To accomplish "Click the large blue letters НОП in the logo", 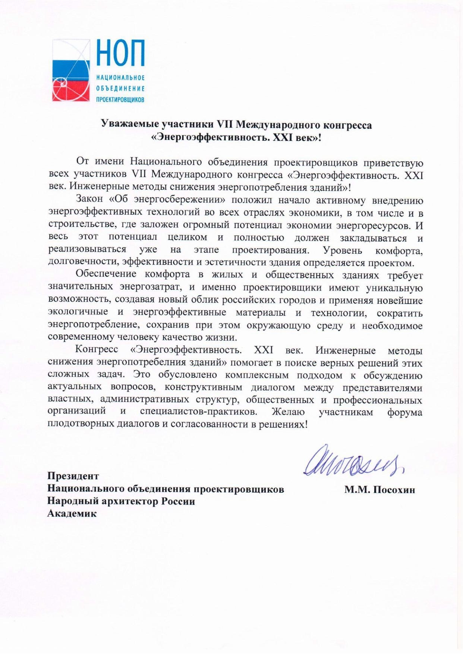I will pyautogui.click(x=120, y=53).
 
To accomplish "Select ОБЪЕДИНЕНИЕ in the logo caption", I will pyautogui.click(x=120, y=88).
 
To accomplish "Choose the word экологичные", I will pyautogui.click(x=78, y=312).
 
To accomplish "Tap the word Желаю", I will pyautogui.click(x=288, y=412).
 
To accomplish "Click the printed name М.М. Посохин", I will pyautogui.click(x=379, y=490).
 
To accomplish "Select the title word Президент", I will pyautogui.click(x=73, y=476).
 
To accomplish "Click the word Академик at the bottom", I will pyautogui.click(x=72, y=514).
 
